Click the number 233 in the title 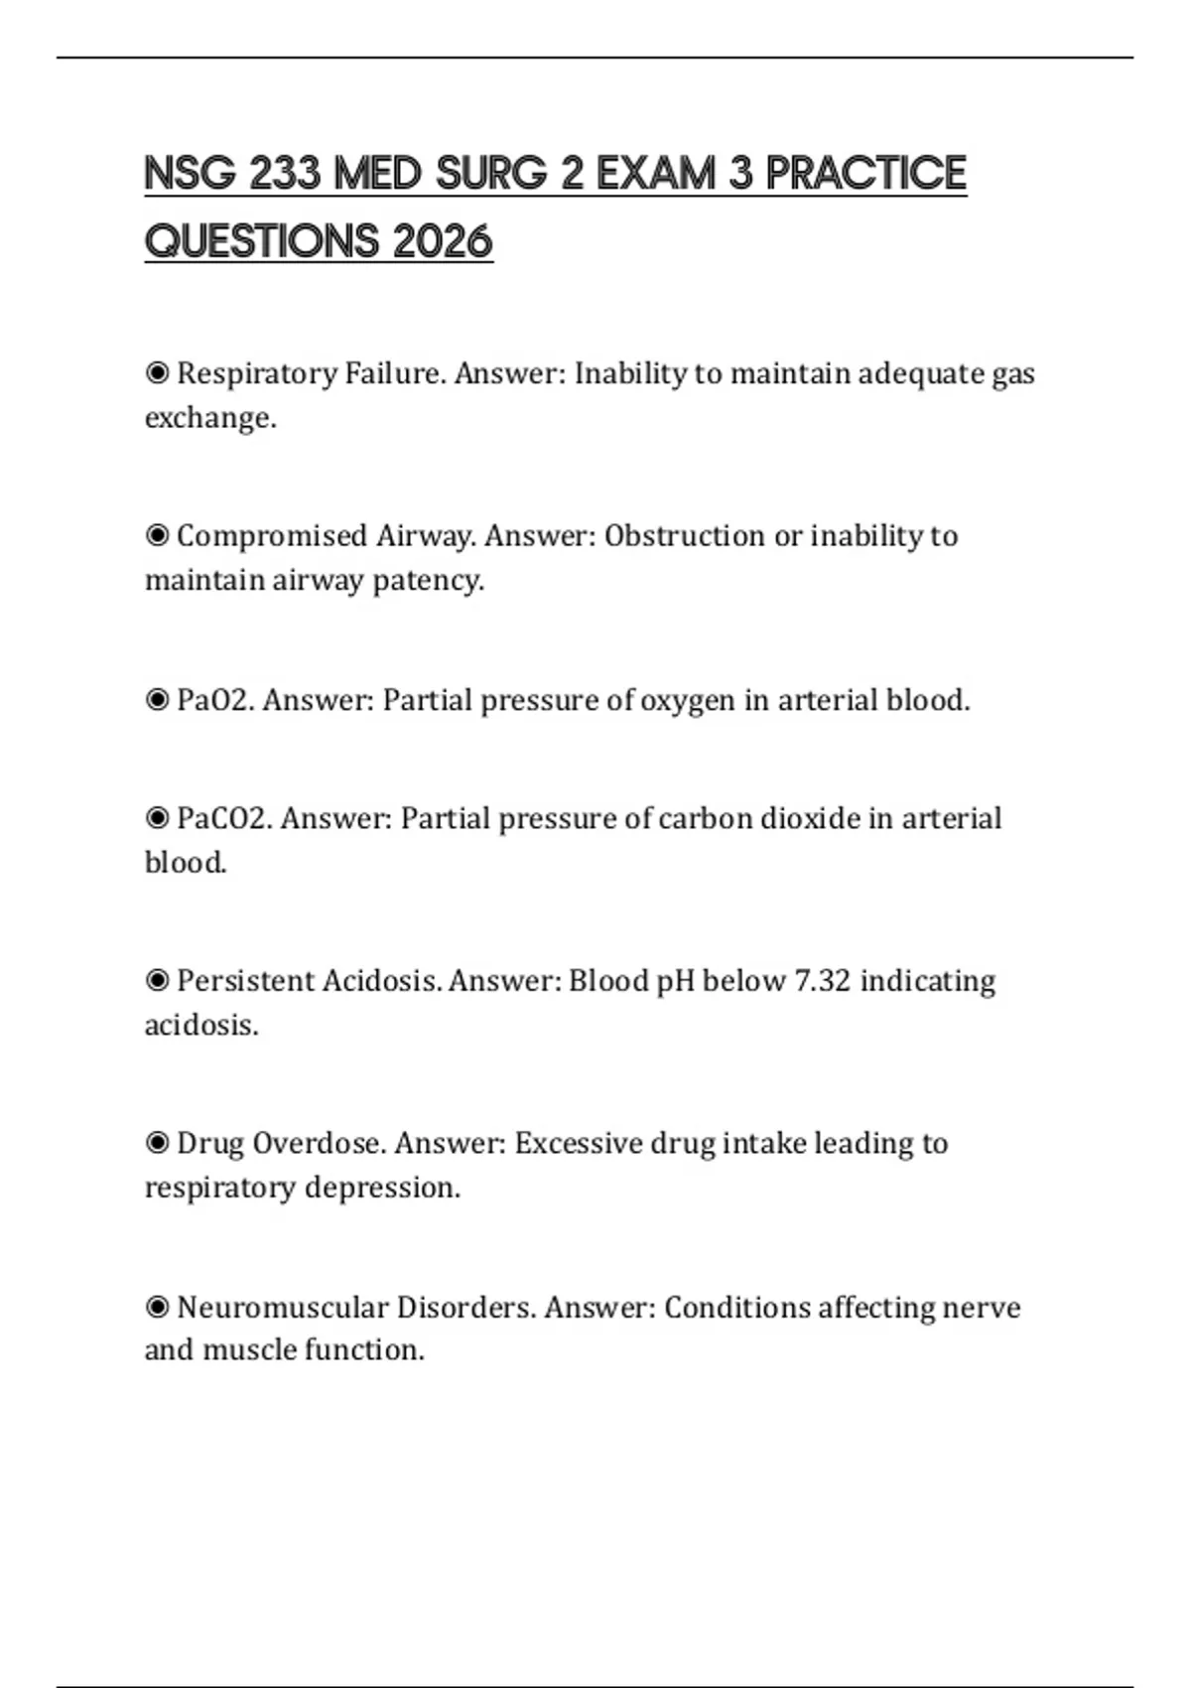pyautogui.click(x=286, y=174)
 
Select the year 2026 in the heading pyautogui.click(x=443, y=241)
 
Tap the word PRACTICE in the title pyautogui.click(x=865, y=174)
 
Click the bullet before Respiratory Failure pyautogui.click(x=157, y=373)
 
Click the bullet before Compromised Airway pyautogui.click(x=157, y=536)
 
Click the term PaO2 pyautogui.click(x=214, y=700)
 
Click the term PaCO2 pyautogui.click(x=223, y=818)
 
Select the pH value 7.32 pyautogui.click(x=823, y=981)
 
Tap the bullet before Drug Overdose pyautogui.click(x=157, y=1144)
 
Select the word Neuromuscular pyautogui.click(x=282, y=1307)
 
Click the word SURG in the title pyautogui.click(x=491, y=174)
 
